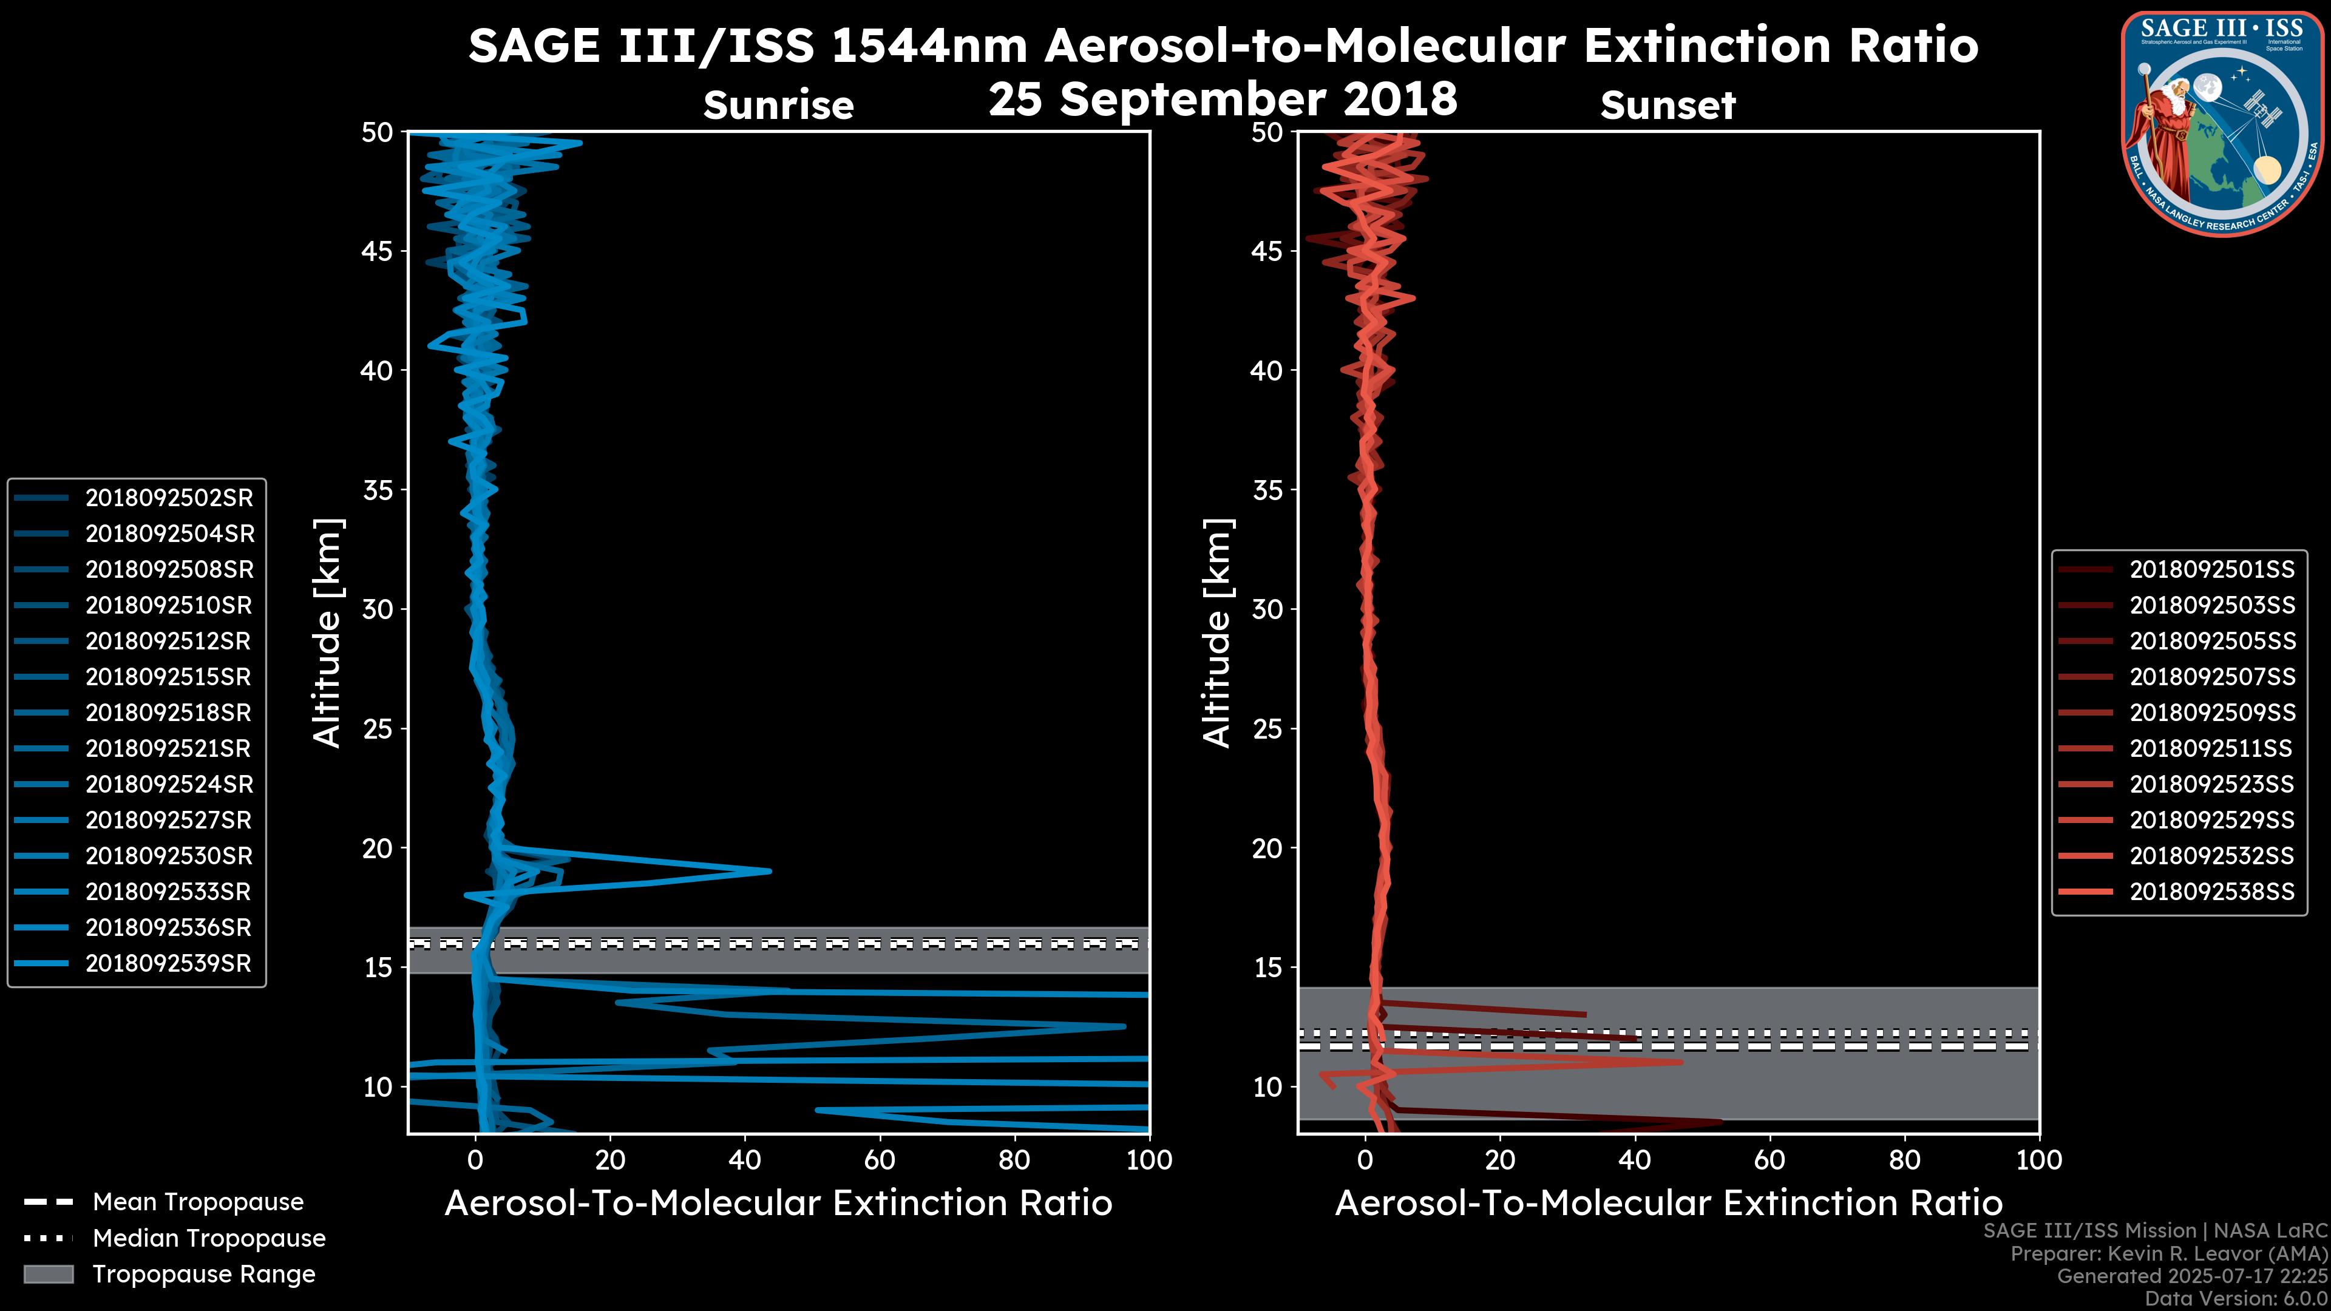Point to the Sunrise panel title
point(778,105)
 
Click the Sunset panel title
point(1668,105)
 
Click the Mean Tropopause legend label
point(198,1202)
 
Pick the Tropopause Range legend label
point(203,1274)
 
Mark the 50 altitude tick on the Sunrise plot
point(378,132)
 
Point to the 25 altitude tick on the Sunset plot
point(1267,728)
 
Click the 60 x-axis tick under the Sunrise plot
point(880,1160)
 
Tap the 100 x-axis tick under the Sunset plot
point(2039,1160)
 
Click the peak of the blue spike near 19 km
point(769,872)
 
